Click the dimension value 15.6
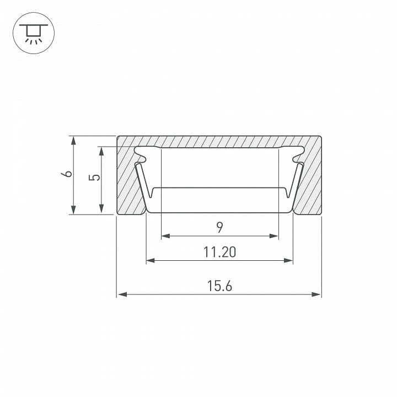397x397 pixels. point(219,286)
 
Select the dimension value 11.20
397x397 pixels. point(219,252)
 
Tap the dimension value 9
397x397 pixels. point(220,227)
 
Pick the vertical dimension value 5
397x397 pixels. point(94,177)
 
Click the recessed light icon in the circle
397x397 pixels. point(34,34)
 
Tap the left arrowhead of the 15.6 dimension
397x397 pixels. point(122,294)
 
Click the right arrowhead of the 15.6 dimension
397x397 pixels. point(316,294)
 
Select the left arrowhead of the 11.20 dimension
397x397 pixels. point(151,260)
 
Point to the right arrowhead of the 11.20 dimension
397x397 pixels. point(288,260)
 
